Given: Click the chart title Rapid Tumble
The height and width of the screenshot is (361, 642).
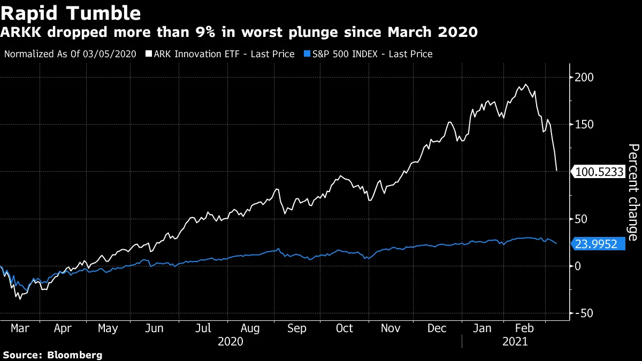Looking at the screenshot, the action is pos(71,13).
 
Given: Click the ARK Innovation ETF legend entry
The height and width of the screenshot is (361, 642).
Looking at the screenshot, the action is pos(223,54).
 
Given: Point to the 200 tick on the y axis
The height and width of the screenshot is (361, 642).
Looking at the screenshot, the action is pos(584,78).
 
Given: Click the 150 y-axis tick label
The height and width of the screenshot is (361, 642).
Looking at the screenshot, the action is pos(584,125).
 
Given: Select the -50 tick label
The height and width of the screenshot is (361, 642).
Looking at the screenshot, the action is pos(584,313).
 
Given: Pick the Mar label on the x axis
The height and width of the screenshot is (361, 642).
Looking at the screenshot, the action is pos(20,328).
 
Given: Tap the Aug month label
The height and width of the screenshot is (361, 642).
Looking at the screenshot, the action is pos(250,328).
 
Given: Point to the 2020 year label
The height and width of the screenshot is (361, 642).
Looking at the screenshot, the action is pos(231,342).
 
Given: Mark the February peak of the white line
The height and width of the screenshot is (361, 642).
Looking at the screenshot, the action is pos(526,85).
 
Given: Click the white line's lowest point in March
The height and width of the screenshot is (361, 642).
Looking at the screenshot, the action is pos(20,298).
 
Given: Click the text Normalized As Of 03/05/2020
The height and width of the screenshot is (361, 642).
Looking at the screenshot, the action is pos(70,54).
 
